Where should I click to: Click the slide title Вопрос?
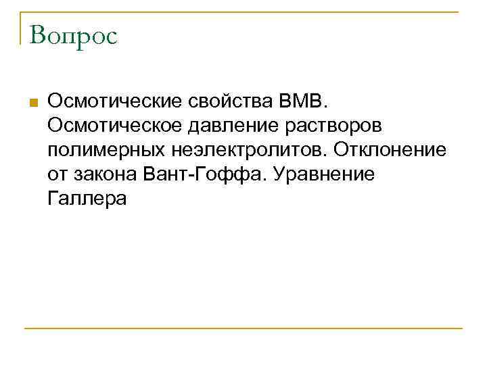pyautogui.click(x=74, y=36)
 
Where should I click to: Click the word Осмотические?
pyautogui.click(x=111, y=102)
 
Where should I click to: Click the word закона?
pyautogui.click(x=103, y=175)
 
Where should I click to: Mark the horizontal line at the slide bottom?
pyautogui.click(x=243, y=328)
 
